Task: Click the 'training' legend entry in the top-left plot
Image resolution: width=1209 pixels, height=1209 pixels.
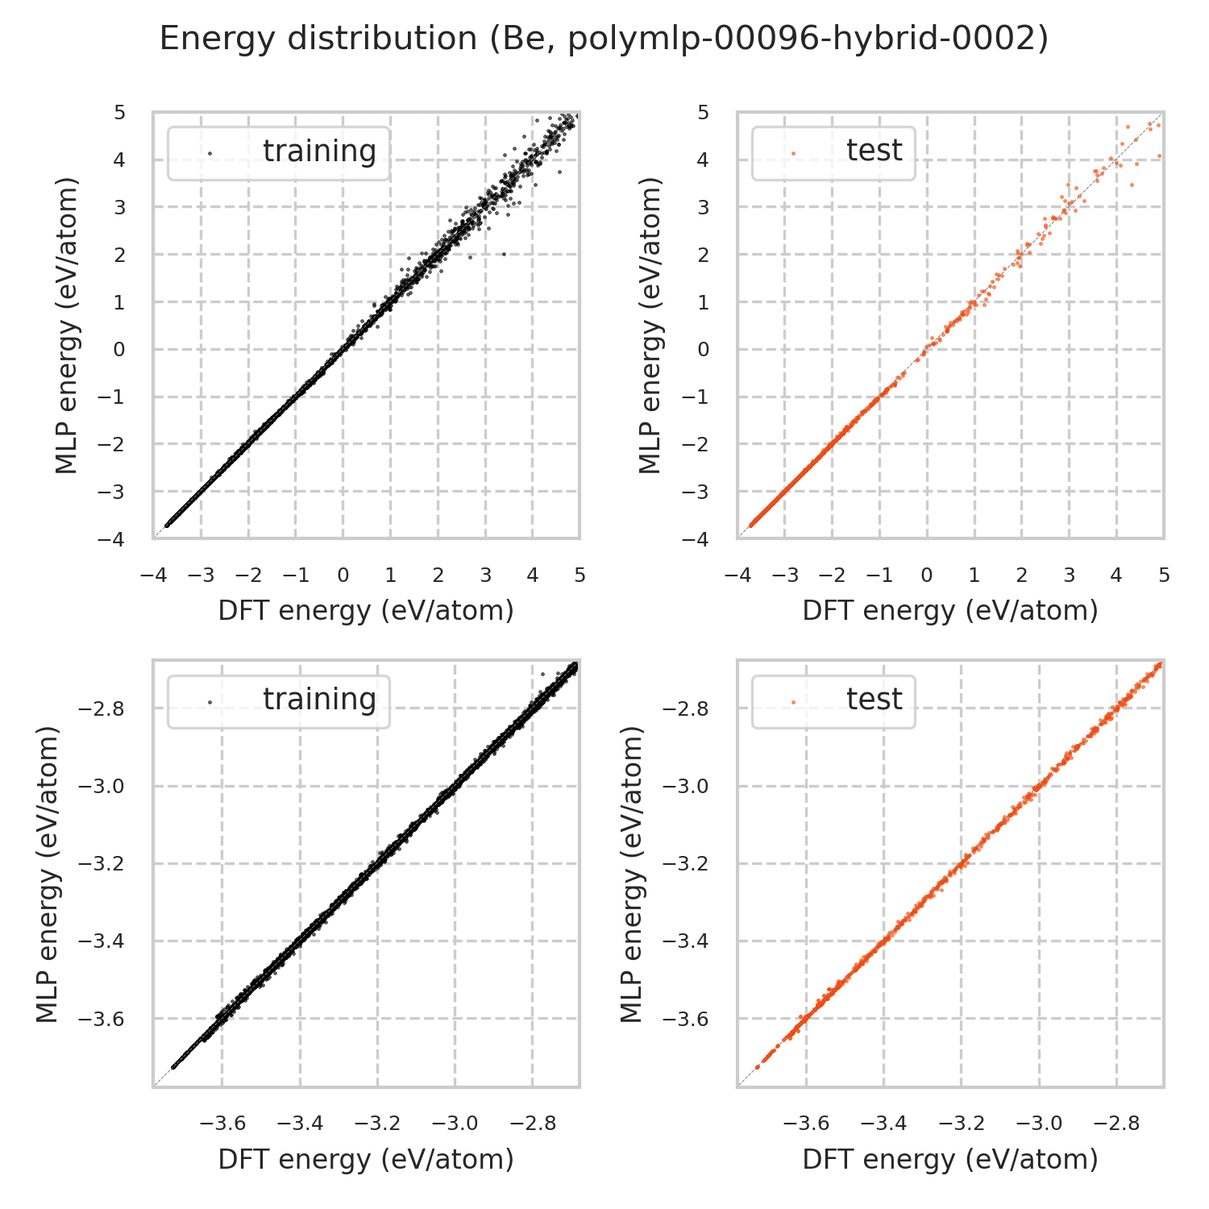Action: (319, 152)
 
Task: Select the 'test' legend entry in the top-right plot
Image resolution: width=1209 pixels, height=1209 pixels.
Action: (875, 151)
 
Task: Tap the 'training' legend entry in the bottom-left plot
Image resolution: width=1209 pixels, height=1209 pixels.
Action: (319, 700)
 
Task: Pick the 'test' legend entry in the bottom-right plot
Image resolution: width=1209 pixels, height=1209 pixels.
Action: (875, 700)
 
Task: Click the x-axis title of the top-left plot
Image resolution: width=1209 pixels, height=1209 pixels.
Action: (366, 611)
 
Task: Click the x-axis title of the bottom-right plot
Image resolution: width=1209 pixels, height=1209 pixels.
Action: (950, 1159)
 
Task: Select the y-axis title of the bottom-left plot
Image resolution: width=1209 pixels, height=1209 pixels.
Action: (48, 875)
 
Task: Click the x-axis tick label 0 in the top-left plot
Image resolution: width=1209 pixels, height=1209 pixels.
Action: (343, 575)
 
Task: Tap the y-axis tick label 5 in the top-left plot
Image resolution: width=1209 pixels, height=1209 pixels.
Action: (120, 113)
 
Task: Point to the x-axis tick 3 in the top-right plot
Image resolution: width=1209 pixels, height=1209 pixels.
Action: (1069, 575)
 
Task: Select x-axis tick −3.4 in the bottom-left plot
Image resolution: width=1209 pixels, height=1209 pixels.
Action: (300, 1124)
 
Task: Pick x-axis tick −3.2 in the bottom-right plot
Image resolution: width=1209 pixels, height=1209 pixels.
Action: (961, 1124)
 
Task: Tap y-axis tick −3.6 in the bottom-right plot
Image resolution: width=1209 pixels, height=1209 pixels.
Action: (685, 1019)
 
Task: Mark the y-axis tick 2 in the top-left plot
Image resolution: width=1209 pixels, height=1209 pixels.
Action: (120, 255)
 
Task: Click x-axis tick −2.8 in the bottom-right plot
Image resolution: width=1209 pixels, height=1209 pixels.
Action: (1116, 1124)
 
